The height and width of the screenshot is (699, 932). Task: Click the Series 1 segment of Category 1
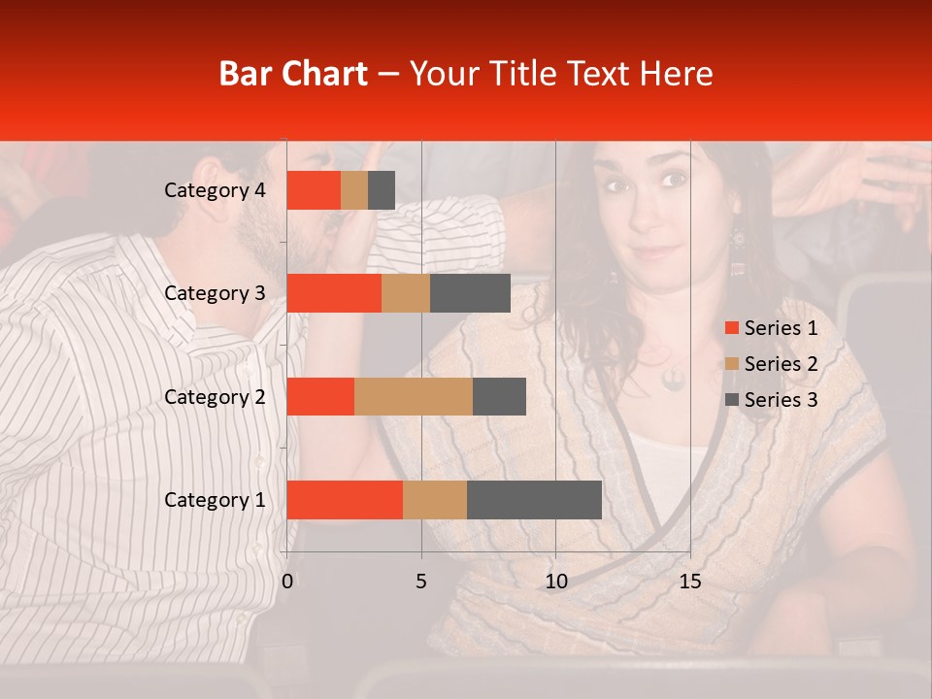pos(345,500)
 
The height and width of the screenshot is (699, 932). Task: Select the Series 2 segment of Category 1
pos(435,500)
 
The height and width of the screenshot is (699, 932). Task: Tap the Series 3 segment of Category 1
pos(534,500)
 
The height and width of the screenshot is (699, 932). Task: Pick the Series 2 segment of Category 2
pos(414,396)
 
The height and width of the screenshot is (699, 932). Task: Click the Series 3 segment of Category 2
pos(499,396)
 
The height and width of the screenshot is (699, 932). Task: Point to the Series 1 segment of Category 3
pos(334,293)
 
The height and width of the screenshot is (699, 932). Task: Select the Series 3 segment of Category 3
pos(470,293)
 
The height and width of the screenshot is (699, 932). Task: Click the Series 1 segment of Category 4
pos(314,190)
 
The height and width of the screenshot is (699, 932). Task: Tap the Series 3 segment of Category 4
pos(382,190)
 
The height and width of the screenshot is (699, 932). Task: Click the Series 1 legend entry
pos(772,328)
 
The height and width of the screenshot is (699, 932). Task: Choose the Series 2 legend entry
pos(772,364)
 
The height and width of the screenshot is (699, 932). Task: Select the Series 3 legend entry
pos(772,400)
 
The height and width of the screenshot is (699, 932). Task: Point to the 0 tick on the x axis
pos(287,582)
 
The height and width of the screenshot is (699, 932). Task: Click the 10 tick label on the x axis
pos(555,582)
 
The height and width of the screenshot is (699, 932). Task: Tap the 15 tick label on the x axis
pos(689,582)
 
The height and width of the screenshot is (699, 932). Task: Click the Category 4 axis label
pos(215,190)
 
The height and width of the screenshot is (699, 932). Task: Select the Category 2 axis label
pos(215,396)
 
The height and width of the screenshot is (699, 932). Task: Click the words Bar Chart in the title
pos(293,74)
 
